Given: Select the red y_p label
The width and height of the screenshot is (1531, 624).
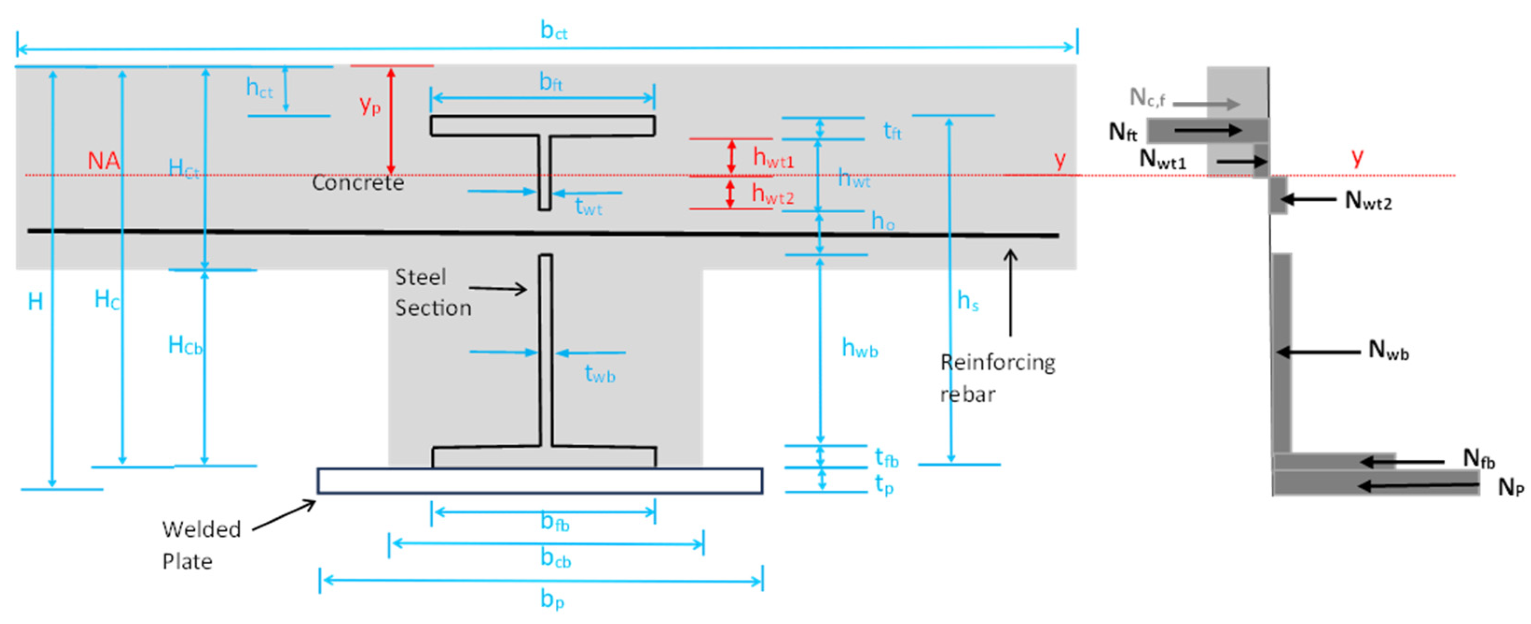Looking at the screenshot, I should (370, 105).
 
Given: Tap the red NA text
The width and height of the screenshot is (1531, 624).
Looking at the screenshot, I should (103, 161).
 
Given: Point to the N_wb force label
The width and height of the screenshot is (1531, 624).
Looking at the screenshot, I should (1388, 351).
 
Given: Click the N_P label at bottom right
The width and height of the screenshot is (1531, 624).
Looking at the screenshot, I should (1510, 487).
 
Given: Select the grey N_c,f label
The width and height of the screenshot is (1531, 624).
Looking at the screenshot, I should (1147, 98).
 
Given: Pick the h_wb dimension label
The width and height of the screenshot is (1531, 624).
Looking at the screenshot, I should (859, 348).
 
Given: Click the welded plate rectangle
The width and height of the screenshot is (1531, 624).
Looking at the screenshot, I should (540, 481).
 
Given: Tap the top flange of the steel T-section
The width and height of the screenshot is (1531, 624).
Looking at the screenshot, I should (542, 126).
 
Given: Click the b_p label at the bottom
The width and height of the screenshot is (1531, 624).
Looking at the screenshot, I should (552, 600).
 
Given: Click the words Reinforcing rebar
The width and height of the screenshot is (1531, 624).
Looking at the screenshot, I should (997, 378).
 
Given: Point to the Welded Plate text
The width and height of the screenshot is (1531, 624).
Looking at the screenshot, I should (201, 545).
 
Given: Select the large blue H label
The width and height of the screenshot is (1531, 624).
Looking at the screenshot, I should (35, 302).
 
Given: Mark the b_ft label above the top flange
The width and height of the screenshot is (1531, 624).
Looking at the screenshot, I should (551, 82).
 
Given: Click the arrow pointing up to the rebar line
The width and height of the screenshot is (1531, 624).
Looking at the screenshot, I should (1010, 292).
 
